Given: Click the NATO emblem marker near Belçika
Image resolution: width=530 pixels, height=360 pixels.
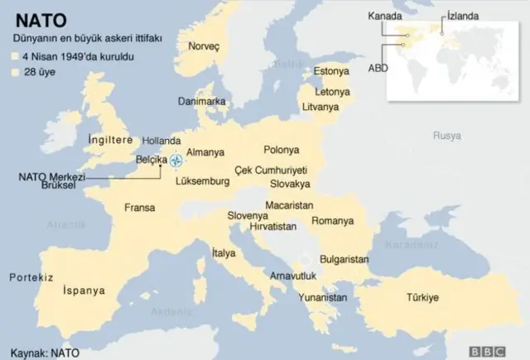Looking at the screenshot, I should tap(176, 160).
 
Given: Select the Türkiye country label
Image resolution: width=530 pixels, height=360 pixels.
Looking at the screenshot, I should tap(422, 297).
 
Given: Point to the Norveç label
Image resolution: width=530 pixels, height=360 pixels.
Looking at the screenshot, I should tap(204, 47).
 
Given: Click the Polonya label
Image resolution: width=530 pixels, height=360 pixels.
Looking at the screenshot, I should tap(281, 150).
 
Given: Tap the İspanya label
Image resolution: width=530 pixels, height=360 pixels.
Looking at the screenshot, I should tap(84, 290).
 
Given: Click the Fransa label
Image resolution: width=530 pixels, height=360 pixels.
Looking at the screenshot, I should tap(139, 208).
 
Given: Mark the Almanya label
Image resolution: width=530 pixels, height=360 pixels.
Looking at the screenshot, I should tap(206, 153).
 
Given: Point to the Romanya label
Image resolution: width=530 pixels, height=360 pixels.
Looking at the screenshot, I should tap(332, 221).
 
